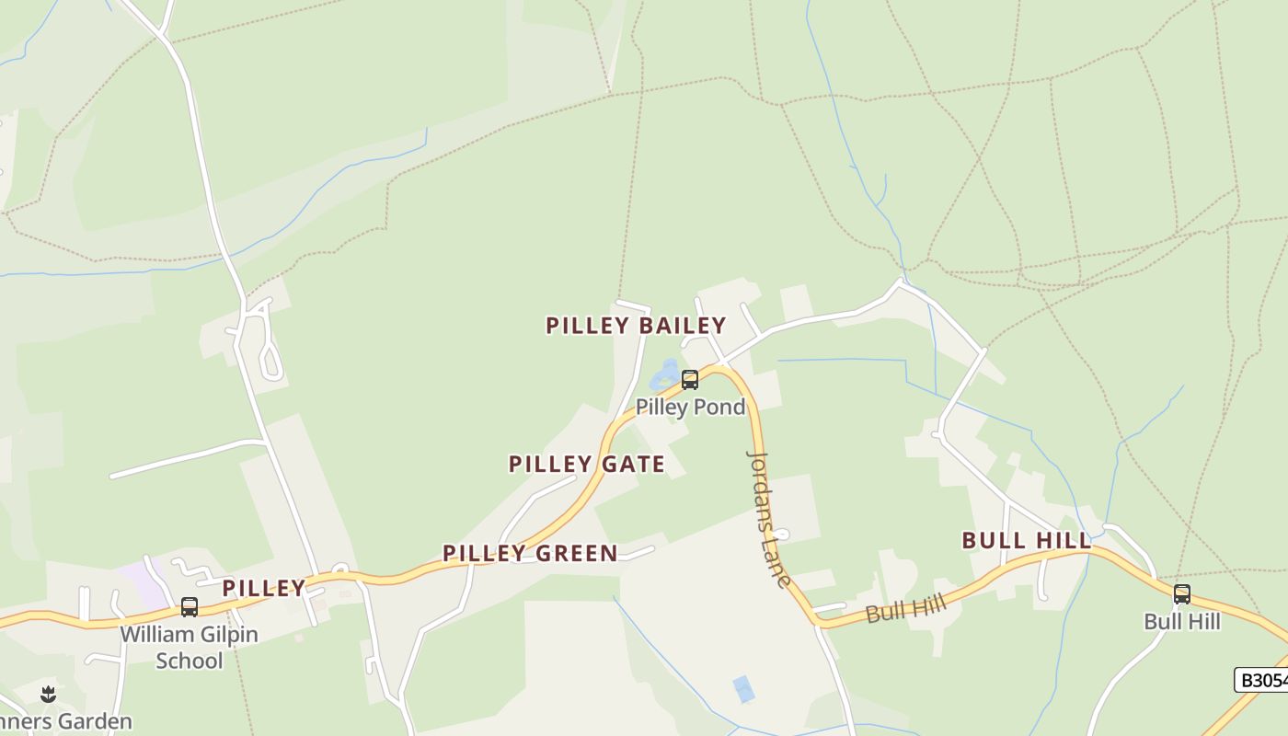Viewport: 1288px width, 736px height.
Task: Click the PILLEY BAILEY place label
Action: (636, 326)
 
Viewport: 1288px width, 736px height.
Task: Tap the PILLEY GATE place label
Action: (587, 465)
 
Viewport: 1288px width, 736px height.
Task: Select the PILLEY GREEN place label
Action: (530, 554)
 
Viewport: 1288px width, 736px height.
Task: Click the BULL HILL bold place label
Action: (1027, 541)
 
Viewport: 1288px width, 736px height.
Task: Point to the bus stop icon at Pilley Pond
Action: (689, 380)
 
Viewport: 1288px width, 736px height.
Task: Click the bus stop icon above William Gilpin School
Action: (190, 607)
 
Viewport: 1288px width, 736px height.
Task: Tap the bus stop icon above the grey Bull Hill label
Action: (1181, 594)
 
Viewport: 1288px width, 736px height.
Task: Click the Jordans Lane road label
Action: (769, 518)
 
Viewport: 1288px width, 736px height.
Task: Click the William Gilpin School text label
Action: (190, 647)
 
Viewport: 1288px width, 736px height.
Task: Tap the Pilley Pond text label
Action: (690, 407)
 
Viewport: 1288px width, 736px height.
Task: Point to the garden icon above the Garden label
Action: (49, 694)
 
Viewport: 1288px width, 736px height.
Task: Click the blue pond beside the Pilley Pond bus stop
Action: (664, 375)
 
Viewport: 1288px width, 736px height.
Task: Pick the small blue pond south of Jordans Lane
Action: (743, 688)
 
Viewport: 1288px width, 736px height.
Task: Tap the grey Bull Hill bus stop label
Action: (1181, 622)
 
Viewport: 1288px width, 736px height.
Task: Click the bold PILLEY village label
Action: (263, 589)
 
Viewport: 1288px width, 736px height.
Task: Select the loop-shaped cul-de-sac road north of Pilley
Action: (270, 359)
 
